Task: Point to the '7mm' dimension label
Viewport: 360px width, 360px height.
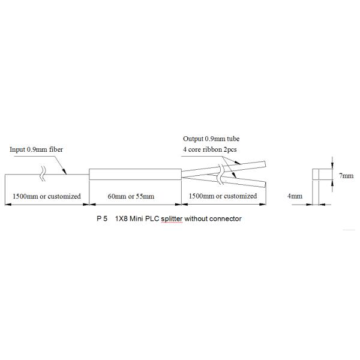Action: click(x=346, y=176)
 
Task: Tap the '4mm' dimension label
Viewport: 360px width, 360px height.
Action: click(x=295, y=196)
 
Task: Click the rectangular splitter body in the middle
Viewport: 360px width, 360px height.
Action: click(x=135, y=175)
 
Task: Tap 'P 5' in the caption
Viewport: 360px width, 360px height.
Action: click(x=101, y=219)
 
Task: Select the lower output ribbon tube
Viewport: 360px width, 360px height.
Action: click(x=246, y=182)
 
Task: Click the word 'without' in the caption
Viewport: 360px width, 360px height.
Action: click(x=197, y=219)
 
